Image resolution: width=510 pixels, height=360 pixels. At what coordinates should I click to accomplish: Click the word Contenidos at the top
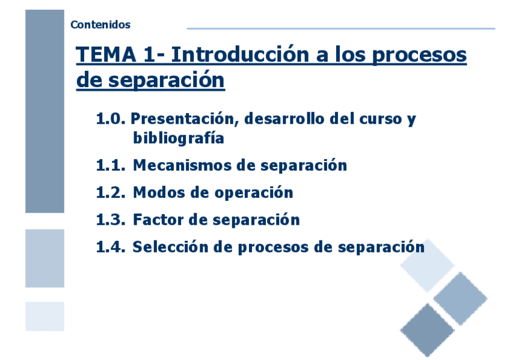click(100, 25)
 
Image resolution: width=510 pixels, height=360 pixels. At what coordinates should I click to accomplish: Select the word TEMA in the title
click(106, 54)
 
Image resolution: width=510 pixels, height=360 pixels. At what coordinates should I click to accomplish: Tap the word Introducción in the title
click(240, 54)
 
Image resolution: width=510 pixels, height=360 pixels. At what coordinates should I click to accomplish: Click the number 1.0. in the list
click(111, 118)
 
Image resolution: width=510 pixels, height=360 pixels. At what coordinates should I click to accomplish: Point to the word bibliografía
click(179, 138)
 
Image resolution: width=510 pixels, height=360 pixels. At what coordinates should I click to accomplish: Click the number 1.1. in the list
click(111, 165)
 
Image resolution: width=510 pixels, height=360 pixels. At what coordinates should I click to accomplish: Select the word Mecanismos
click(182, 165)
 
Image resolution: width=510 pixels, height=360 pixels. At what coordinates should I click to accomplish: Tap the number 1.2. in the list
click(111, 193)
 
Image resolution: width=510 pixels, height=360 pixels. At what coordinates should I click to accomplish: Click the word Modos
click(159, 193)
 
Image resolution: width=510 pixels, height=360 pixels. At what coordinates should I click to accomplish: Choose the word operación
click(254, 193)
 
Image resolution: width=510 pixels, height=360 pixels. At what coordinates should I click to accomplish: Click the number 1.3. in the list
click(111, 220)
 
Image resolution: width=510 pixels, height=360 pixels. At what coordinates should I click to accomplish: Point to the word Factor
click(158, 220)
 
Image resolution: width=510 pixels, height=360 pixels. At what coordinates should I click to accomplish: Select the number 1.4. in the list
click(111, 247)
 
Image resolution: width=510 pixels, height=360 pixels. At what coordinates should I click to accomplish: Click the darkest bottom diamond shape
click(427, 330)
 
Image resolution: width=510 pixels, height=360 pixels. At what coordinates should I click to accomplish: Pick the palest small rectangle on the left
click(45, 316)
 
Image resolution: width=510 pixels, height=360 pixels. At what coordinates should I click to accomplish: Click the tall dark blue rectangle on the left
click(45, 111)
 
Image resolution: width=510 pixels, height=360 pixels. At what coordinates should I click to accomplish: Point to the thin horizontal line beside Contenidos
click(341, 29)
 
